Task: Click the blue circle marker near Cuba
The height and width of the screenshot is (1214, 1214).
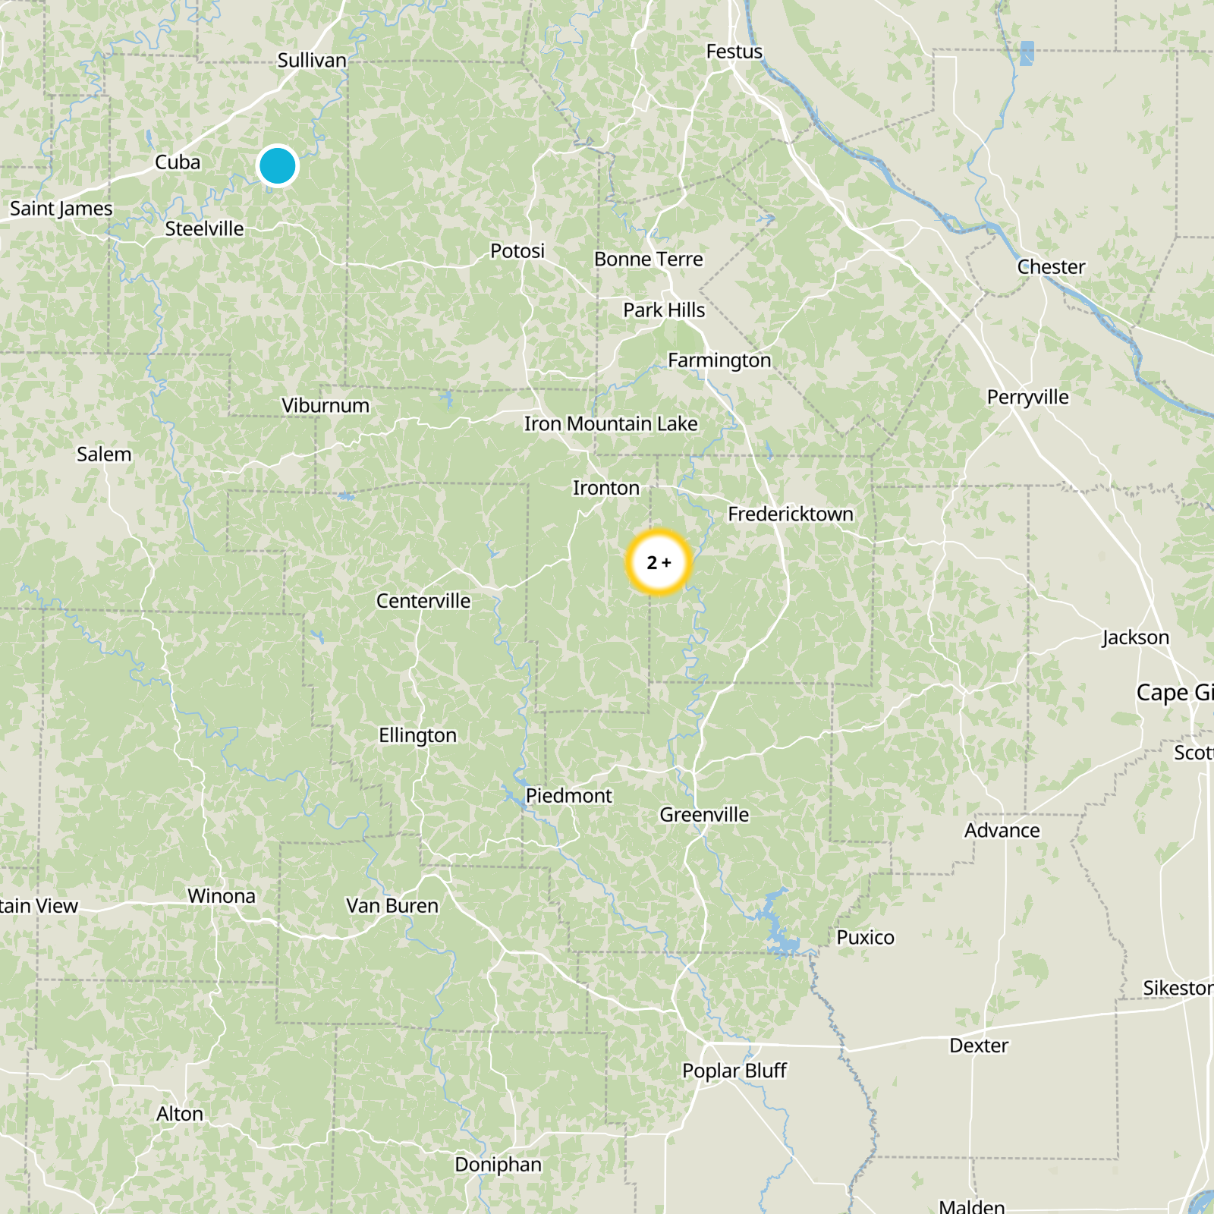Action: [x=277, y=165]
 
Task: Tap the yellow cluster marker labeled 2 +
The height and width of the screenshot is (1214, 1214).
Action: [x=659, y=562]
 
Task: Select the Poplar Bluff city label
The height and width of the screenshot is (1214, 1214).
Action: [x=734, y=1071]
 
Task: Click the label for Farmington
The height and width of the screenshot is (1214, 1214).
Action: [x=719, y=360]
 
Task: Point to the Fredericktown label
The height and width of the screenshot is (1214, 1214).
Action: [x=790, y=514]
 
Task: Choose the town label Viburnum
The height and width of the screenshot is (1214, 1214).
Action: [x=326, y=406]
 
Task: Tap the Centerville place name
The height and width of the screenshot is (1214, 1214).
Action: [x=423, y=601]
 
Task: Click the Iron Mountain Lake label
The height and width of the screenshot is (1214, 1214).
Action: [x=611, y=424]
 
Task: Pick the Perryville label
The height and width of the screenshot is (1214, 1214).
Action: [x=1027, y=398]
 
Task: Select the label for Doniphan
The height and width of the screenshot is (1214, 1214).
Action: [x=498, y=1165]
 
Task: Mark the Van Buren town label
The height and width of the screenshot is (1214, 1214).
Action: [x=392, y=906]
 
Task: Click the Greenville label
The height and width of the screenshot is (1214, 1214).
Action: [x=704, y=815]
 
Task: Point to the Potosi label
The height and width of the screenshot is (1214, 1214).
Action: [x=517, y=251]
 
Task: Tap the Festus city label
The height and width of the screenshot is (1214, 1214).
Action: [x=734, y=52]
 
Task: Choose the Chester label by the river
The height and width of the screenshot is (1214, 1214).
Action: [x=1051, y=267]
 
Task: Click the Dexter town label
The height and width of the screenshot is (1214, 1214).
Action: [x=979, y=1046]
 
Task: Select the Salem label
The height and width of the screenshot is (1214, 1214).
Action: [x=104, y=454]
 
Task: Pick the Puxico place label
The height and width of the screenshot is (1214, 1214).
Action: [x=865, y=938]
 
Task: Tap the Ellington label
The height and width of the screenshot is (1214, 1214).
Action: [x=417, y=735]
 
